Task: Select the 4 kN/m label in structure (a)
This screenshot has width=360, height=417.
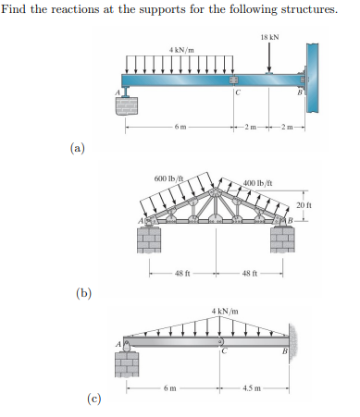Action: [181, 48]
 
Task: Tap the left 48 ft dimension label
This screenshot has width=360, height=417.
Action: [181, 272]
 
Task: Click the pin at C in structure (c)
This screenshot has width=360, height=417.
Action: [221, 342]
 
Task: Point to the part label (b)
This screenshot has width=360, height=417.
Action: [84, 293]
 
